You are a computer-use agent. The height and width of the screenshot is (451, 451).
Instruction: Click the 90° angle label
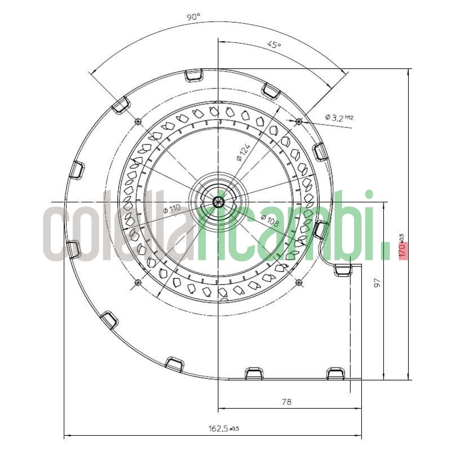(193, 17)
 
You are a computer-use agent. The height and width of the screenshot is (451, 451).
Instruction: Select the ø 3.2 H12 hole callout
(339, 118)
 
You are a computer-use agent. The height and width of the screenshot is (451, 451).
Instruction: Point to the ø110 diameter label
(171, 209)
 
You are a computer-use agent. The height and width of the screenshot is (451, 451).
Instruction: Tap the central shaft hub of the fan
(218, 201)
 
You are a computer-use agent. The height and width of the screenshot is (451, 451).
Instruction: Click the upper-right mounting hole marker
(299, 121)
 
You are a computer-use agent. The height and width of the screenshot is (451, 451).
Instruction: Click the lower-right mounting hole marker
(299, 282)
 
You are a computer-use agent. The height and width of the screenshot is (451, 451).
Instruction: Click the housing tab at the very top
(193, 75)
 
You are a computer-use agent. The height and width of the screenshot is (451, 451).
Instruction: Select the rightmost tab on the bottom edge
(335, 373)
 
